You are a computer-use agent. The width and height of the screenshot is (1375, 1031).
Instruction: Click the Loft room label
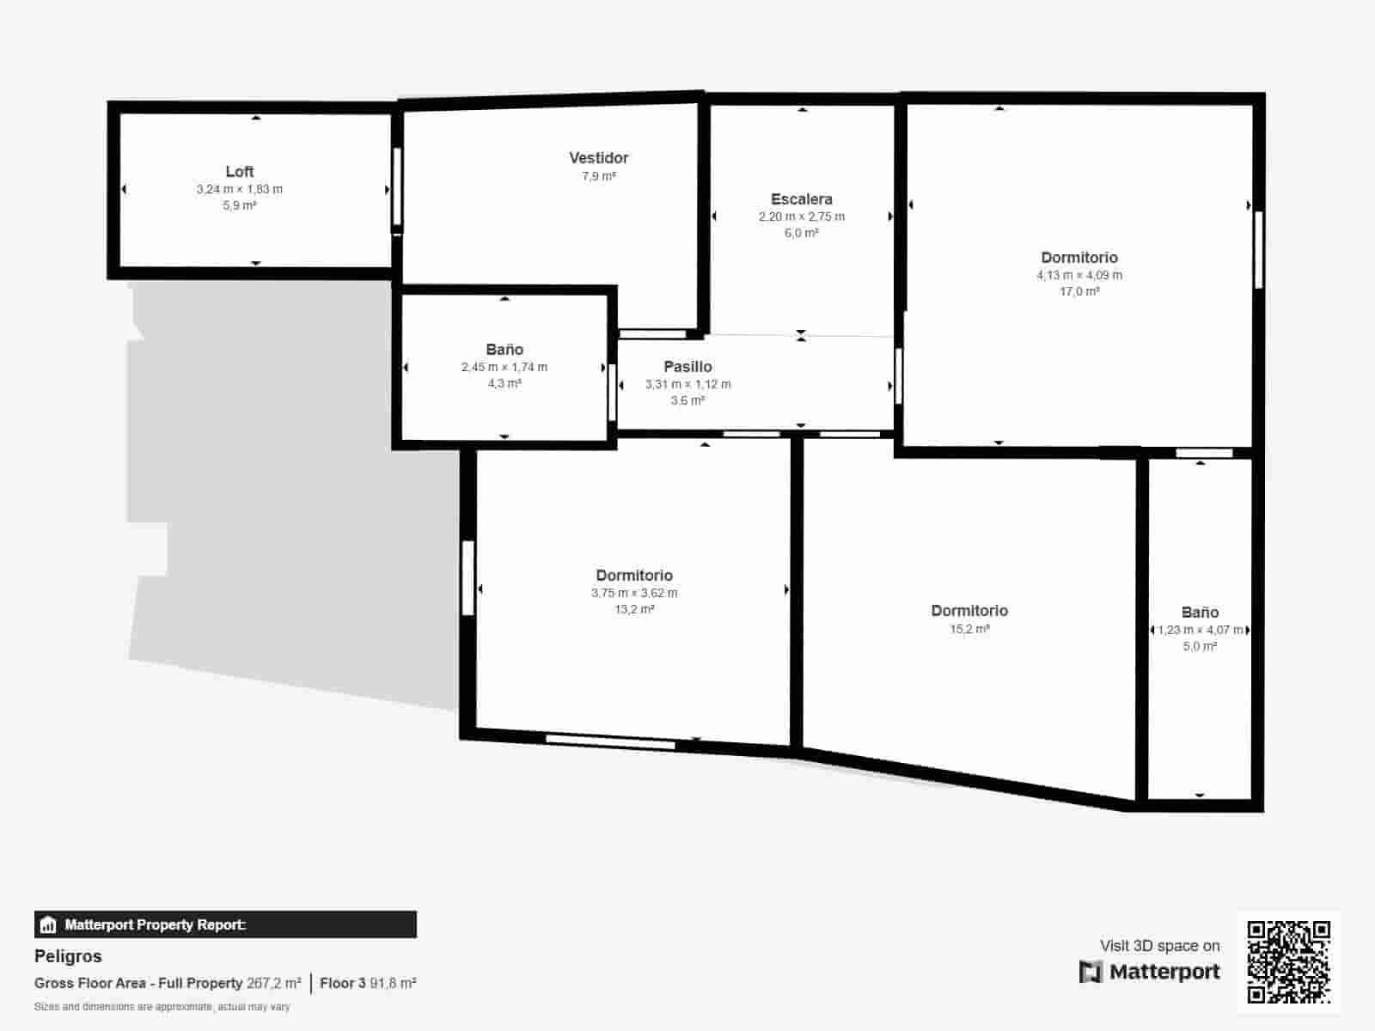click(239, 172)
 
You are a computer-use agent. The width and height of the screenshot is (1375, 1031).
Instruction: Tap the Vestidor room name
click(598, 158)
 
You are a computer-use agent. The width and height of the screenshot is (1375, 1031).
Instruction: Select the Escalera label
click(801, 199)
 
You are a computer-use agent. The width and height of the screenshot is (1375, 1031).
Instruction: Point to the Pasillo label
click(687, 367)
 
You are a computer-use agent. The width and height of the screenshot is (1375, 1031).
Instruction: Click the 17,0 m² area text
click(1079, 292)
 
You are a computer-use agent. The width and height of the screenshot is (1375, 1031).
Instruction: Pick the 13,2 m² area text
click(634, 610)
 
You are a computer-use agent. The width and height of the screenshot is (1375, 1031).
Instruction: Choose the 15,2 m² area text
click(969, 629)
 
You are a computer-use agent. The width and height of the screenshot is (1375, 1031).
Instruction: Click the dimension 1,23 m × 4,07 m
click(1200, 630)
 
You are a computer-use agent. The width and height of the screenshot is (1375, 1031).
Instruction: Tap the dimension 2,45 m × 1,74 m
click(504, 367)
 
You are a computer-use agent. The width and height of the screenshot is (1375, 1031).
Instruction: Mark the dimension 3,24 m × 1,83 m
click(239, 189)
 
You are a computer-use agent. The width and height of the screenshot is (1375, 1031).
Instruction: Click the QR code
click(1288, 961)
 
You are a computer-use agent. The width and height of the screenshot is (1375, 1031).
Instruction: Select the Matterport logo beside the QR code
click(1150, 972)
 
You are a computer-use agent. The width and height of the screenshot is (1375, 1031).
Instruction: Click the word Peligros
click(68, 956)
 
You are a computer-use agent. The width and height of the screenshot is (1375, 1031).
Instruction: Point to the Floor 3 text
click(343, 983)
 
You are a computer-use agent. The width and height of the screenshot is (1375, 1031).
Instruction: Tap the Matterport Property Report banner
click(225, 924)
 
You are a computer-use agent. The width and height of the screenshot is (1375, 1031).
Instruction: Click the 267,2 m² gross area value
click(274, 983)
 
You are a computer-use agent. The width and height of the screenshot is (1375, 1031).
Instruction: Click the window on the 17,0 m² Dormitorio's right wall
click(1258, 249)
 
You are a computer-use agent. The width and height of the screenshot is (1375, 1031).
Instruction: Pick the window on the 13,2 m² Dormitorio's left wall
click(467, 577)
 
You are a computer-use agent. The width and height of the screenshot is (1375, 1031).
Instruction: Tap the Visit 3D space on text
click(1159, 946)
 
